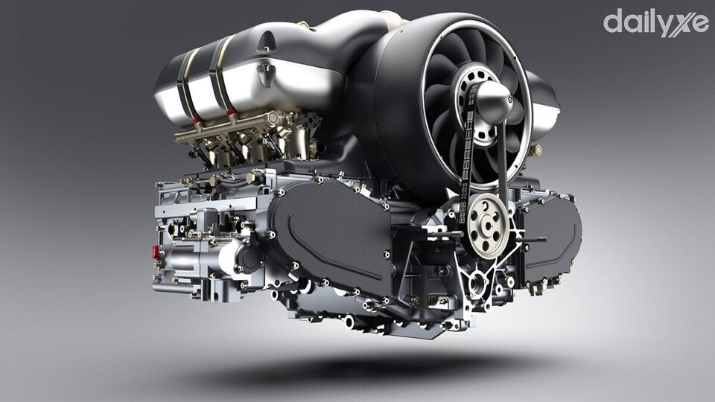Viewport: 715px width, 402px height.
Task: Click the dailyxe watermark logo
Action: click(655, 23)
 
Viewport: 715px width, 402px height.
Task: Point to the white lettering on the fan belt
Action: click(465, 163)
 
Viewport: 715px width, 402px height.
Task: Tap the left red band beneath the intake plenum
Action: click(197, 121)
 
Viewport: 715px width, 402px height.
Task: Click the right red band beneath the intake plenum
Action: click(231, 112)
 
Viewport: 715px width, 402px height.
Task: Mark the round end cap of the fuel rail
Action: click(273, 118)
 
